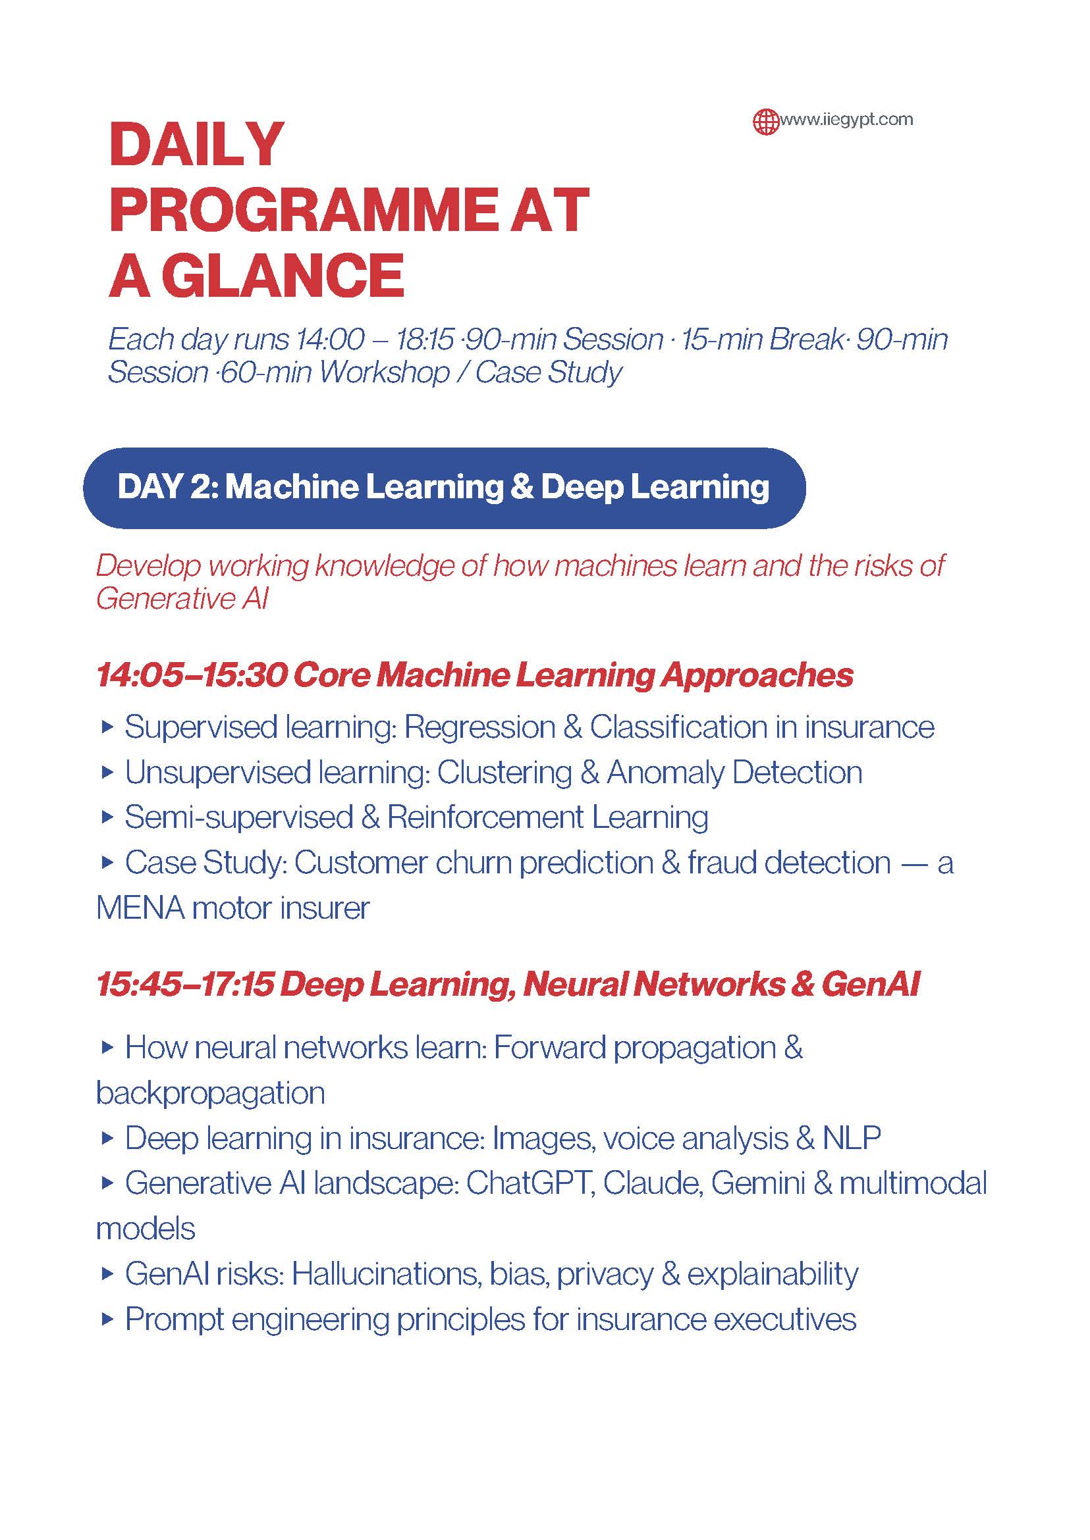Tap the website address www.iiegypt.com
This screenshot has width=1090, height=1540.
coord(846,120)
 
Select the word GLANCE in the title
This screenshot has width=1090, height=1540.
coord(283,276)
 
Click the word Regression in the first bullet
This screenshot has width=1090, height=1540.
coord(480,728)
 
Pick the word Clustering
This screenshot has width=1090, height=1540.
coord(504,773)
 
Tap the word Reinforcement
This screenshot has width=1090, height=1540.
coord(485,817)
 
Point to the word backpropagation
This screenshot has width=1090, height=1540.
coord(210,1094)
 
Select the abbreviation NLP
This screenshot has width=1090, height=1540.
coord(852,1139)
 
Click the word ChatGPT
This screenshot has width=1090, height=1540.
coord(530,1184)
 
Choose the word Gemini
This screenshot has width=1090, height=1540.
coord(758,1184)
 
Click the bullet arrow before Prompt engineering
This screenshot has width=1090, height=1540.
coord(107,1319)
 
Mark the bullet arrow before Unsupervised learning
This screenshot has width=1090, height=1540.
coord(107,772)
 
